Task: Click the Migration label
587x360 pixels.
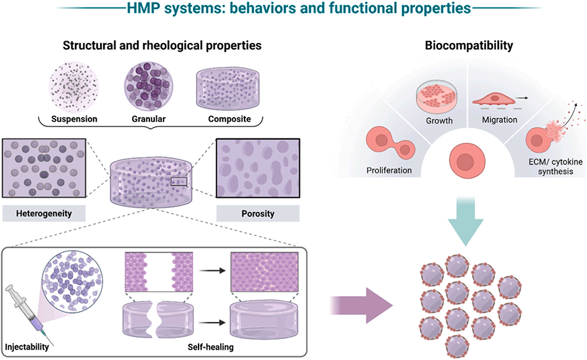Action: [500, 120]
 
